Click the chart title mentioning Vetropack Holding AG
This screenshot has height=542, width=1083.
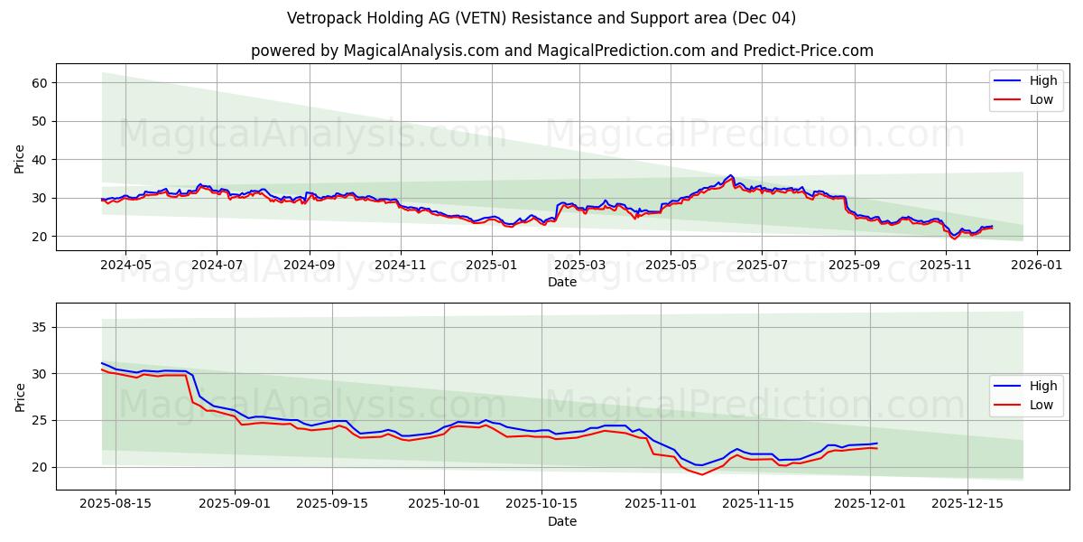(541, 18)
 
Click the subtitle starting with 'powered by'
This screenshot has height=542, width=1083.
(561, 51)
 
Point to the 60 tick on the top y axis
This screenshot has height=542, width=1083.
(40, 83)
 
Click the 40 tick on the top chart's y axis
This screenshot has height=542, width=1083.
(40, 160)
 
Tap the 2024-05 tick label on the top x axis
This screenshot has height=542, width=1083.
(125, 266)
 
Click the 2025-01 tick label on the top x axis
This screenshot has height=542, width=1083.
(492, 266)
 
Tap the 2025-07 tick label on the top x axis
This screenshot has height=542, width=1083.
(761, 266)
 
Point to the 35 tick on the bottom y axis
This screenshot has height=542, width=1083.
(40, 327)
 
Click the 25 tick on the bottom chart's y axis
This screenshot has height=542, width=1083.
(40, 420)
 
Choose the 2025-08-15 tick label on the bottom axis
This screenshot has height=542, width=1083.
(116, 504)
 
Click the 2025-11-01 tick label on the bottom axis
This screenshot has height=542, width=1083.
(661, 504)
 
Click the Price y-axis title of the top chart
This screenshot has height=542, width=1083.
(20, 159)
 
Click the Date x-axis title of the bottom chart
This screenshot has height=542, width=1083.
(561, 521)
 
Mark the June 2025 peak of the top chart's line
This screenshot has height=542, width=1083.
(731, 175)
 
